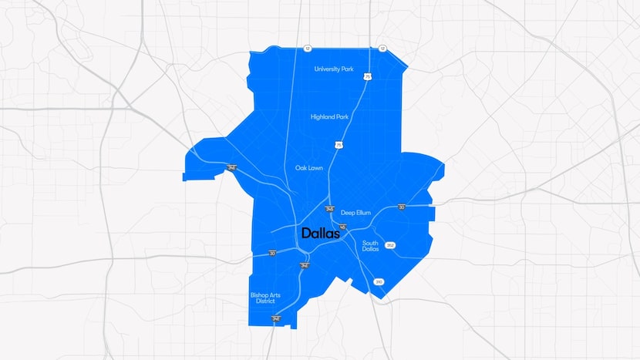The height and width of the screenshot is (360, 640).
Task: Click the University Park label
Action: click(333, 69)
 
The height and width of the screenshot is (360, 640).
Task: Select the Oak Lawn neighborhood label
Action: click(309, 167)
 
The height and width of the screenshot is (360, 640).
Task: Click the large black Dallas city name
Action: click(321, 233)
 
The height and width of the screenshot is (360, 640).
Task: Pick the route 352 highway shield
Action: click(390, 245)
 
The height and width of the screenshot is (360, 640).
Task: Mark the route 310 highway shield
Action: click(379, 282)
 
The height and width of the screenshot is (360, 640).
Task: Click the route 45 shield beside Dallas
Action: click(342, 227)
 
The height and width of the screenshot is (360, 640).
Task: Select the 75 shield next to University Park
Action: click(369, 76)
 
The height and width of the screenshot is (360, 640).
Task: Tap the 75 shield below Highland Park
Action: click(339, 144)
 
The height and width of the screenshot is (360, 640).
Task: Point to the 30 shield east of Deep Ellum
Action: click(402, 207)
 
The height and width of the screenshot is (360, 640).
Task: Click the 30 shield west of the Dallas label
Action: click(271, 252)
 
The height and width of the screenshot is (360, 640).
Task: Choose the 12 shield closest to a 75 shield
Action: click(382, 49)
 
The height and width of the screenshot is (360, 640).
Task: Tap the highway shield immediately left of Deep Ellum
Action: click(329, 209)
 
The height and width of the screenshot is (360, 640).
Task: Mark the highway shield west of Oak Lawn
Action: click(231, 167)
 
